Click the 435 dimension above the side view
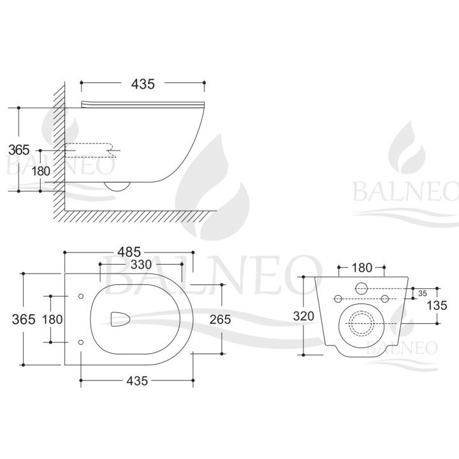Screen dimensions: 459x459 143,84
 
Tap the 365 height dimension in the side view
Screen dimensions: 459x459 19,150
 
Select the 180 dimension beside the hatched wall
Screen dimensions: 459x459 41,171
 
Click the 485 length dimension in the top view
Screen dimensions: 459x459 129,252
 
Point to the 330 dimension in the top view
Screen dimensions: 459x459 141,265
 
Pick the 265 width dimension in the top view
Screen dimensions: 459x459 220,319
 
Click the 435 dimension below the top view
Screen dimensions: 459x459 137,381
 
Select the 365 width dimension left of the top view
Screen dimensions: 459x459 24,319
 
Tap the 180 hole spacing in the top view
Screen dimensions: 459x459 52,319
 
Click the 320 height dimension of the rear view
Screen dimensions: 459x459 303,316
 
